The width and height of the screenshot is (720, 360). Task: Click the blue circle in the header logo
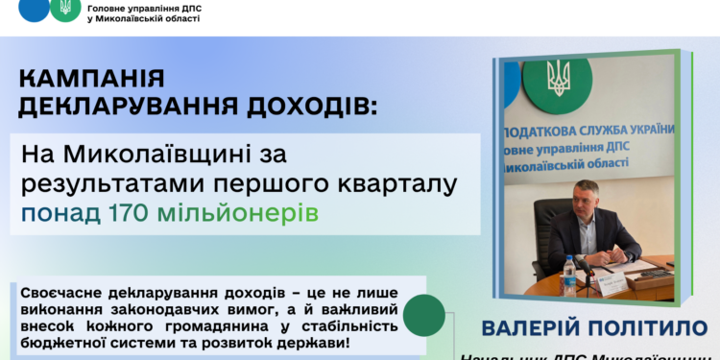coord(34,8)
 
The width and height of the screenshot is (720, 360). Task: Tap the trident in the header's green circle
coord(64,8)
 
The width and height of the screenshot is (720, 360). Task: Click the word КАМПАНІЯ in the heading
coord(90,79)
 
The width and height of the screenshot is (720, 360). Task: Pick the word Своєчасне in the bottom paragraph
coord(55,289)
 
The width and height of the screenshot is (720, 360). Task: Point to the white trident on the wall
coord(557,77)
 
